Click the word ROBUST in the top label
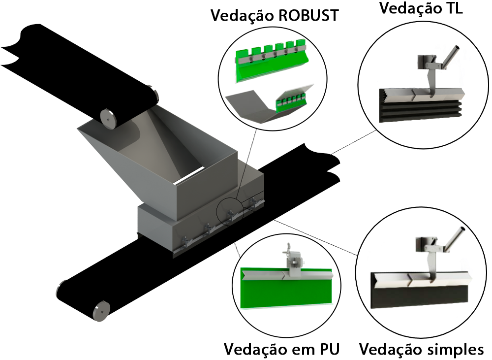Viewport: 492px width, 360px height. [308, 15]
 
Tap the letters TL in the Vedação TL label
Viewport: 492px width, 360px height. [451, 8]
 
